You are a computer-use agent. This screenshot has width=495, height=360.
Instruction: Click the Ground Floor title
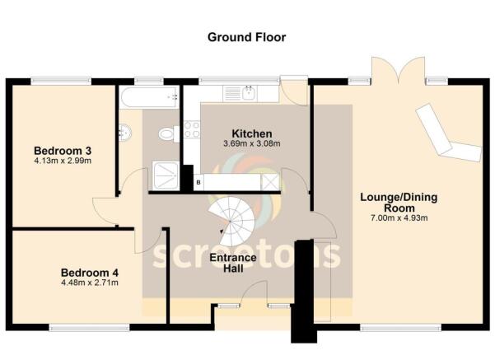pyautogui.click(x=246, y=37)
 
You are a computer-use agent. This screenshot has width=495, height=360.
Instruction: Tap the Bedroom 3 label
pyautogui.click(x=62, y=151)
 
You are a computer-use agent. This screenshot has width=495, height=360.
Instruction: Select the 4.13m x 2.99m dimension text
pyautogui.click(x=62, y=161)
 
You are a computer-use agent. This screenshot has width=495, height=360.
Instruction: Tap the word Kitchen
pyautogui.click(x=252, y=133)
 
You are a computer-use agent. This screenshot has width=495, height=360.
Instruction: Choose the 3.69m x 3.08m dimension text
pyautogui.click(x=252, y=144)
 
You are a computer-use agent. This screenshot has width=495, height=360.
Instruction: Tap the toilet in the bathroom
pyautogui.click(x=167, y=133)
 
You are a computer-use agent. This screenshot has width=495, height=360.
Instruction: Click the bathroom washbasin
pyautogui.click(x=124, y=132)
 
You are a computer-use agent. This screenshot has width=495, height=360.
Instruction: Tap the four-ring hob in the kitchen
pyautogui.click(x=191, y=129)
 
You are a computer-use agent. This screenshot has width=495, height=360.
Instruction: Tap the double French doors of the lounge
pyautogui.click(x=398, y=71)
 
